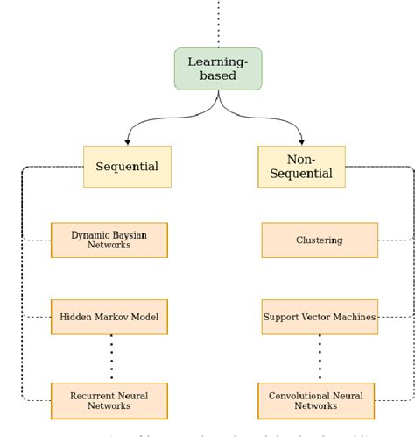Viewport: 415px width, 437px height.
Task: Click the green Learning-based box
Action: click(218, 68)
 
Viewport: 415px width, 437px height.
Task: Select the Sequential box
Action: click(127, 166)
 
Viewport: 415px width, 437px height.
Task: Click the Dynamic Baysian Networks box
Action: click(109, 240)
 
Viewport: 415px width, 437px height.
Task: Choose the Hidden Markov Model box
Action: click(109, 316)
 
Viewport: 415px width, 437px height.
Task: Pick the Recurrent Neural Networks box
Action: click(109, 400)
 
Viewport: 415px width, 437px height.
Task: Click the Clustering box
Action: click(319, 240)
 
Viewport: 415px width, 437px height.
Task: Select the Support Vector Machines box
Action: click(319, 316)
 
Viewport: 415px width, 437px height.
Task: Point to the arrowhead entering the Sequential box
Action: click(128, 141)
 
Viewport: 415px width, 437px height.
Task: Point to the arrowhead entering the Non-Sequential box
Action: click(301, 141)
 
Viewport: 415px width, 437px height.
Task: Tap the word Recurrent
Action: click(89, 395)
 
